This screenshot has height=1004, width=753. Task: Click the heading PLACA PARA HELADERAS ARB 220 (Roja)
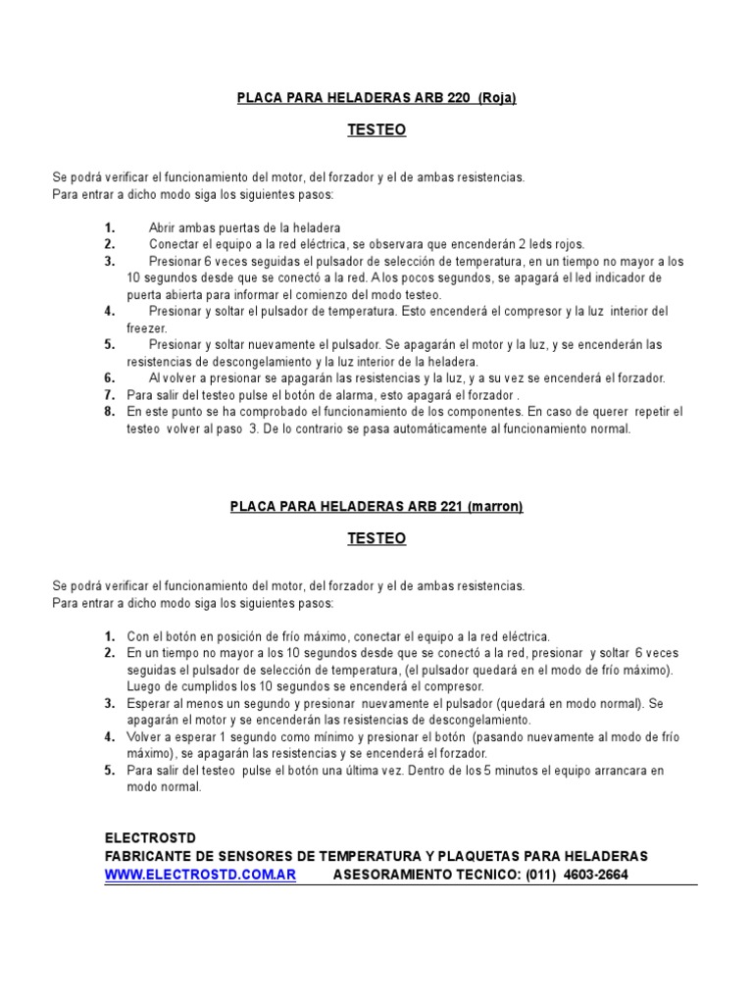coord(376,98)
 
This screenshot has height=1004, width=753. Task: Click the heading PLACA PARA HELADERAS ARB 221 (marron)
coord(376,507)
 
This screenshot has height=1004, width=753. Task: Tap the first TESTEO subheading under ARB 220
coord(376,129)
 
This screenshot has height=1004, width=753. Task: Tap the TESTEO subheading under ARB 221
coord(376,538)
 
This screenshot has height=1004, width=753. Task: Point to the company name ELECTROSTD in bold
coord(144,838)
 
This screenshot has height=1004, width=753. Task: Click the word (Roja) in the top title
coord(496,98)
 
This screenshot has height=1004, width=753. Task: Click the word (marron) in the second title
coord(495,507)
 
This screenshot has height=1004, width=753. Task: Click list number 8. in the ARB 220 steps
coord(110,412)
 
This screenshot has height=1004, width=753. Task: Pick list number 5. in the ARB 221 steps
coord(110,771)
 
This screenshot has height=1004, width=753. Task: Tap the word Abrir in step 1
coord(164,227)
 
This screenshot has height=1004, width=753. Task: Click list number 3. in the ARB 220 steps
coord(110,262)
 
